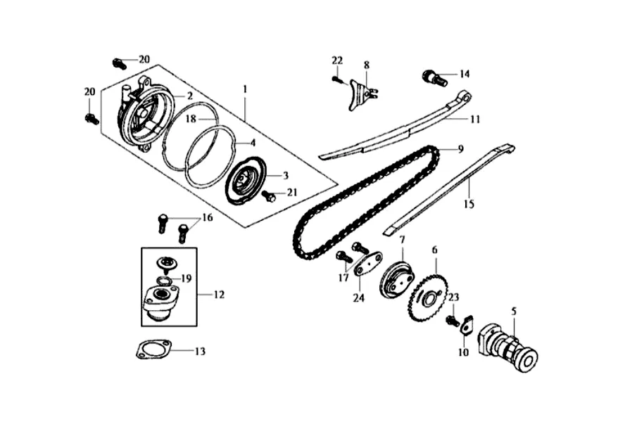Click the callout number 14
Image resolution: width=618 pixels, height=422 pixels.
point(464,74)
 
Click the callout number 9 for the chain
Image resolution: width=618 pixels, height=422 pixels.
point(460,149)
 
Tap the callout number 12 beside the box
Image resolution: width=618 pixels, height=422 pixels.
point(219,295)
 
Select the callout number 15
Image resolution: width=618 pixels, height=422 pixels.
point(469,204)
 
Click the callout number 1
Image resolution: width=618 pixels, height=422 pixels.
point(245,89)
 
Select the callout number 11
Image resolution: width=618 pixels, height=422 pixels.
point(475,120)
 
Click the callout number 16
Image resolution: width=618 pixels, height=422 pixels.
point(207,218)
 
